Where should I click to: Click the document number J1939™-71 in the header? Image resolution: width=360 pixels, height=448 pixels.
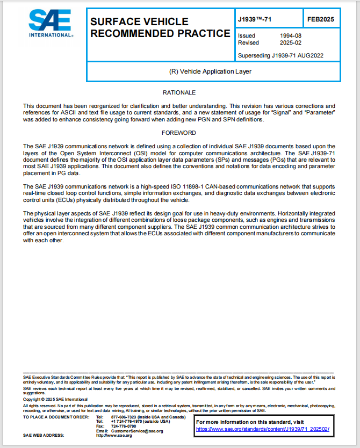255,19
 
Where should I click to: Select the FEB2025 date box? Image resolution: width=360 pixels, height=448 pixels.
321,19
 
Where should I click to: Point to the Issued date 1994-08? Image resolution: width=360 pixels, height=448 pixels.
291,35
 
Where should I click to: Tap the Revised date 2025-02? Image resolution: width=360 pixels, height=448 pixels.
291,42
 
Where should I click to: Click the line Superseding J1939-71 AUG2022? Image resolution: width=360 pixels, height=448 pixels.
280,55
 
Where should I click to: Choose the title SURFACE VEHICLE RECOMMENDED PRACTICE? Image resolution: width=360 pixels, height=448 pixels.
160,27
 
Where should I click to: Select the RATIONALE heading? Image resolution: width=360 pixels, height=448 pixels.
179,92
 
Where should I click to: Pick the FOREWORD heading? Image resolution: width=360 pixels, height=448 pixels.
179,132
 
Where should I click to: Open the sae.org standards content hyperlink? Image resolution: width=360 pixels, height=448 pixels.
262,429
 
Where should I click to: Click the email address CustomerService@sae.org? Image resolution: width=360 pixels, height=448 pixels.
137,431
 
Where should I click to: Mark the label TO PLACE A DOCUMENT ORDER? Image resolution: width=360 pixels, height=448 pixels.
56,417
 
